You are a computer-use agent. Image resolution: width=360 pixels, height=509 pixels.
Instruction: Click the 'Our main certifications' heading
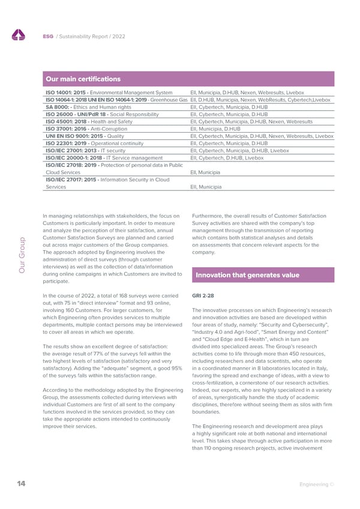(x=83, y=79)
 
